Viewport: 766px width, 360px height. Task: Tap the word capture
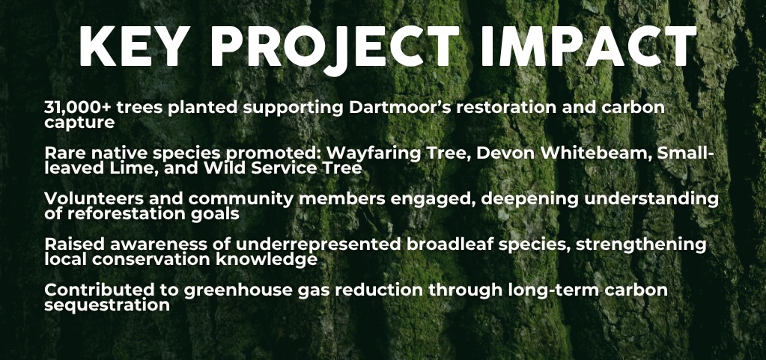tap(79, 123)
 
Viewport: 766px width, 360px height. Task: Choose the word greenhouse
tap(238, 291)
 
